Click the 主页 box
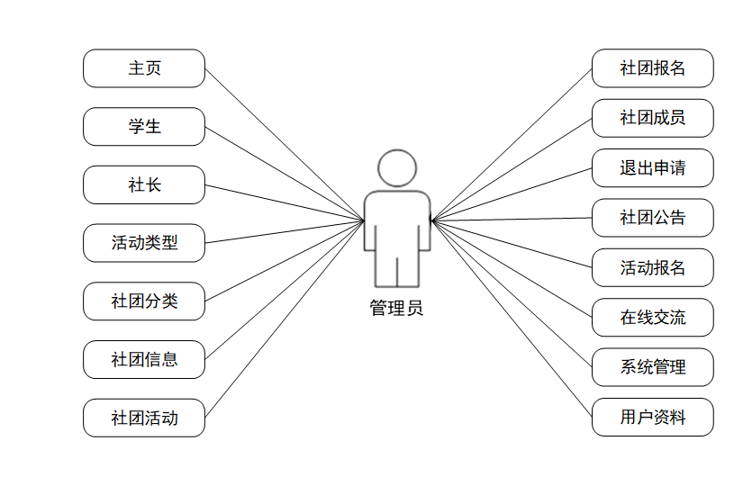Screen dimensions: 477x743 pos(144,68)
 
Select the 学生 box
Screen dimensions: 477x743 pos(144,127)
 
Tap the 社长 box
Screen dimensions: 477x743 pos(144,185)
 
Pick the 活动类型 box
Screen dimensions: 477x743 pos(144,243)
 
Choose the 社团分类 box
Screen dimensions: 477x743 pos(144,301)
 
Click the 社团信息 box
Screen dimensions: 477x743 pos(144,360)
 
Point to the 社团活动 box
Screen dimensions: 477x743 pos(144,418)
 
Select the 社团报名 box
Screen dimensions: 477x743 pos(653,68)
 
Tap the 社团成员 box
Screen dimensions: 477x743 pos(653,118)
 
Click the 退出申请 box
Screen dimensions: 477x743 pos(653,168)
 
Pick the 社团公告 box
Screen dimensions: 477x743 pos(653,218)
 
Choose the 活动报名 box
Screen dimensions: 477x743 pos(653,268)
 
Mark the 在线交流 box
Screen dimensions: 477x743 pos(653,318)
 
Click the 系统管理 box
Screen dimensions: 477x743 pos(653,367)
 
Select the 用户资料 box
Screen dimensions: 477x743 pos(653,418)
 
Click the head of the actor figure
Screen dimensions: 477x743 pos(397,168)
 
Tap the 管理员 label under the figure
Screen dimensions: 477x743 pos(396,308)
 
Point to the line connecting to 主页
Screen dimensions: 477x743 pos(285,145)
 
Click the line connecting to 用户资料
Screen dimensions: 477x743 pos(511,318)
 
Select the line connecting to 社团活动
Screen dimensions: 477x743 pos(285,319)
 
